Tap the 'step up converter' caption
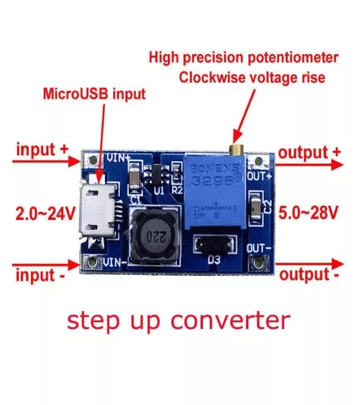click(x=178, y=320)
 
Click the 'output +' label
click(x=310, y=152)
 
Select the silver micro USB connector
click(x=98, y=210)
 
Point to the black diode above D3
click(x=214, y=246)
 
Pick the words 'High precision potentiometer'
click(x=244, y=58)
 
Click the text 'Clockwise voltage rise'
click(x=252, y=77)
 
